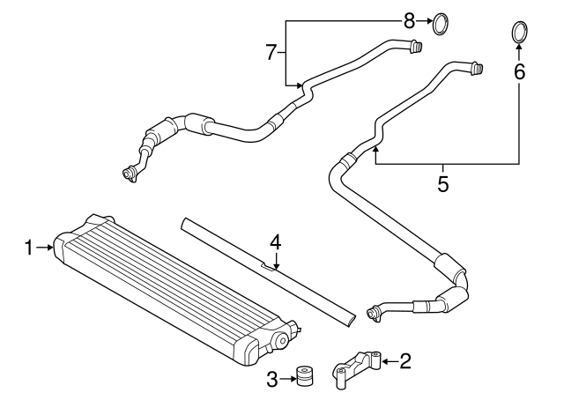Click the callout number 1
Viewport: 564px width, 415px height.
tap(29, 248)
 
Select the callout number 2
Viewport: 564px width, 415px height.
tap(404, 359)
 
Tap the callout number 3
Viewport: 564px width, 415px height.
tap(272, 379)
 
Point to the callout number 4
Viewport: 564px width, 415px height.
tap(275, 241)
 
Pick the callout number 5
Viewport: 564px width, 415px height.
tap(443, 184)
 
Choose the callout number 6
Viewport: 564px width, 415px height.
tap(520, 71)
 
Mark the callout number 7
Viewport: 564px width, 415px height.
tap(271, 52)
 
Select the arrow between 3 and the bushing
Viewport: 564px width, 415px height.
tap(289, 379)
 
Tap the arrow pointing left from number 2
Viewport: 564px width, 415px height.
tap(388, 359)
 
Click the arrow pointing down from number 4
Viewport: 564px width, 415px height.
tap(275, 259)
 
